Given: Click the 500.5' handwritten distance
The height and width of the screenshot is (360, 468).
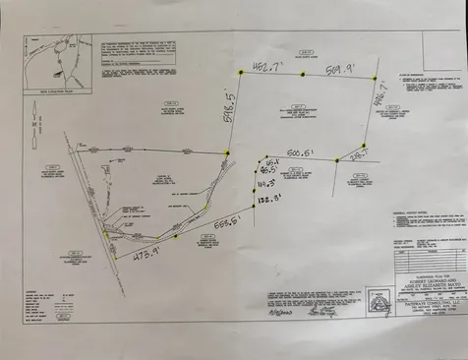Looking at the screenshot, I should click(x=300, y=153).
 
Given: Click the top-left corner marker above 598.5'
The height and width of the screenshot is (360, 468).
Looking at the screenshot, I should click(x=239, y=71).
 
